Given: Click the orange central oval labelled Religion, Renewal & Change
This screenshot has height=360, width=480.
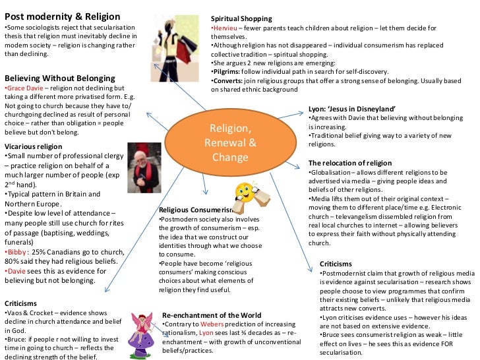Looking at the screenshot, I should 229,142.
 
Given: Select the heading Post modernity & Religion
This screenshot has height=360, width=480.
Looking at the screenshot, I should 62,16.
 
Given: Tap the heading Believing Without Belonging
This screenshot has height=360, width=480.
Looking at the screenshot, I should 59,77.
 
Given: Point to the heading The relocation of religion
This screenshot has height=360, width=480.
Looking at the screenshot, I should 350,163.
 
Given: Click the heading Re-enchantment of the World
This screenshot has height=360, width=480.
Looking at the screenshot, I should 212,315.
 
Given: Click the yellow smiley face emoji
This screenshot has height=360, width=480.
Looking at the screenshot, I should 245,192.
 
